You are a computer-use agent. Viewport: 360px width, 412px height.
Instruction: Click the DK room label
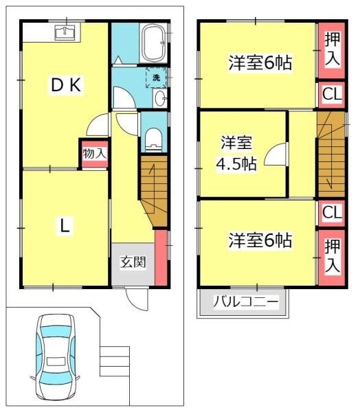(x=66, y=85)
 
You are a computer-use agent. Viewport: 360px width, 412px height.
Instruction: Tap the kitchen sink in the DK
(x=65, y=32)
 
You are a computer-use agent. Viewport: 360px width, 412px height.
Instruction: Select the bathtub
(x=154, y=43)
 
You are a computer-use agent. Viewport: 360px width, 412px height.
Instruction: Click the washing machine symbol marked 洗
(x=157, y=78)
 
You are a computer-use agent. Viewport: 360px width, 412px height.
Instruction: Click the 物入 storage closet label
(x=94, y=153)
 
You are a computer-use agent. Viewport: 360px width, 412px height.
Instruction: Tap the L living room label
(x=65, y=226)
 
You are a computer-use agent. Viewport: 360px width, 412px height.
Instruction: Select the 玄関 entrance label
(x=133, y=262)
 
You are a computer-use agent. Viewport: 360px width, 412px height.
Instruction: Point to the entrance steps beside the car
(x=115, y=361)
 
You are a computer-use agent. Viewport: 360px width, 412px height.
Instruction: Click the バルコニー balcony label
(x=245, y=302)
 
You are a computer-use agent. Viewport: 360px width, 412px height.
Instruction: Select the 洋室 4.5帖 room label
(x=236, y=153)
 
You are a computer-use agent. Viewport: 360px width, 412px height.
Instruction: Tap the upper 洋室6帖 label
(x=260, y=63)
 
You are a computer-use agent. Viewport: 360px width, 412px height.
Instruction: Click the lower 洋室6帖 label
(x=260, y=240)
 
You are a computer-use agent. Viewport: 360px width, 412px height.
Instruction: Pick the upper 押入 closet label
(x=332, y=49)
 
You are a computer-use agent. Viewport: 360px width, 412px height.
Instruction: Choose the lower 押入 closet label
(x=332, y=256)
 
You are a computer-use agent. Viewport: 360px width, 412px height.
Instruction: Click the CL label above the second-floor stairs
(x=332, y=94)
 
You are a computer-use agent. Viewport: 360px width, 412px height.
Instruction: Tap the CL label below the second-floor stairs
(x=332, y=212)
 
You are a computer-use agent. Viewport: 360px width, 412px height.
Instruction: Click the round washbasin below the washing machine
(x=160, y=98)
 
